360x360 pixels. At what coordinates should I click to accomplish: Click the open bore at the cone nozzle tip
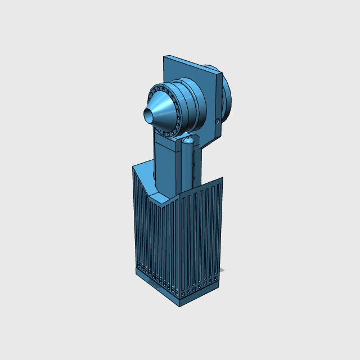pos(148,115)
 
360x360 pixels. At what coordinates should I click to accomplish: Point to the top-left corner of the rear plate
pos(164,56)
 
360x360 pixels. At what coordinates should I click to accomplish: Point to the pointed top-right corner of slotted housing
pos(222,178)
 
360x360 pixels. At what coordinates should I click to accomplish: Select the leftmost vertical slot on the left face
pos(136,219)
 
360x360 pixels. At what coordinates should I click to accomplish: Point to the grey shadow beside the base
pos(222,271)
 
